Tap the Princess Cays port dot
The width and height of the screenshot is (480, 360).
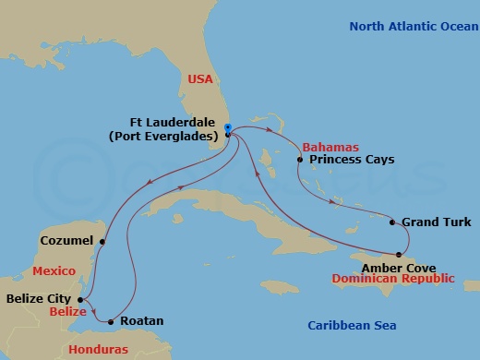click(300, 160)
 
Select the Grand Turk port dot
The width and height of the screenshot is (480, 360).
click(393, 222)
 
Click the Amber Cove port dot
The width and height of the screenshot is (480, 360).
click(399, 254)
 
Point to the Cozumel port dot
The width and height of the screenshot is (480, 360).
click(102, 243)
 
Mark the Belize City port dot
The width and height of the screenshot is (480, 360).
click(81, 299)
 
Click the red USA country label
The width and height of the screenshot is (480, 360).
click(200, 80)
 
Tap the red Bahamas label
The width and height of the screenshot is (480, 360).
click(328, 147)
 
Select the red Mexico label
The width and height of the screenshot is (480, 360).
click(54, 272)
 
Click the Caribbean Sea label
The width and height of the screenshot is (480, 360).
click(356, 326)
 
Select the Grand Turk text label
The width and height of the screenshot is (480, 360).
click(437, 222)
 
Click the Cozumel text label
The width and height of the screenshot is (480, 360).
click(67, 241)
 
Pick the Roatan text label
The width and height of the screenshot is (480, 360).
click(142, 321)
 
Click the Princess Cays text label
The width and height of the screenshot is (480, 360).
click(352, 160)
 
